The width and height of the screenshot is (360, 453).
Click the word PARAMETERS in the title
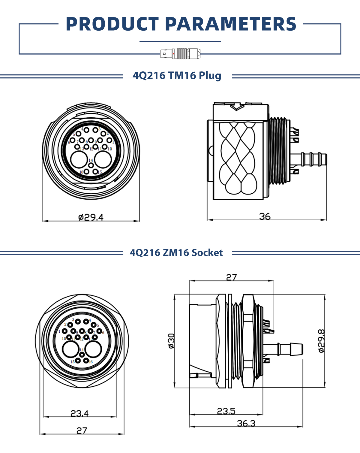pos(230,24)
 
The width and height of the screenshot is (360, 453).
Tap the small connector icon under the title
pos(180,54)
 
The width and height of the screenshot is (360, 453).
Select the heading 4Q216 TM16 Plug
pos(177,76)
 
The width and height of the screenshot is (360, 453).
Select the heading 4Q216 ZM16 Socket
pos(176,253)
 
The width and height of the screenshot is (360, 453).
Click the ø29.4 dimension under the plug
pos(91,217)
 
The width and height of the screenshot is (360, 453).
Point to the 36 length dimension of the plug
pos(265,216)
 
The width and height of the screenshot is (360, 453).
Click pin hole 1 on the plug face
pos(109,140)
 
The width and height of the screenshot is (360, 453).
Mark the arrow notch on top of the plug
pos(236,107)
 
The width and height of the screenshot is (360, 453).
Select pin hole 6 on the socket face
pos(99,331)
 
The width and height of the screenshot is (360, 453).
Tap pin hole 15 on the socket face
pos(78,361)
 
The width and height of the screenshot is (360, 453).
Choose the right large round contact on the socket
pos(93,349)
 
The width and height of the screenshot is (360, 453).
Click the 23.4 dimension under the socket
pos(79,413)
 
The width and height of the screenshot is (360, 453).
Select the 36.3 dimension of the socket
pos(246,423)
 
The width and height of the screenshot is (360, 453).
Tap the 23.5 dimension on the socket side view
pos(226,411)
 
